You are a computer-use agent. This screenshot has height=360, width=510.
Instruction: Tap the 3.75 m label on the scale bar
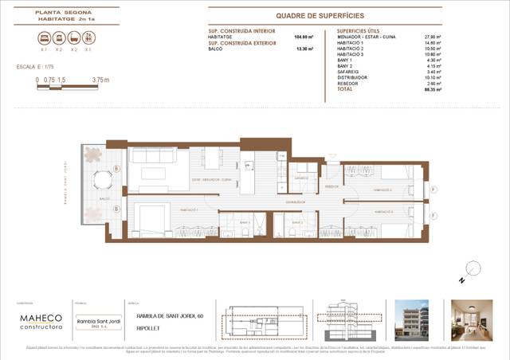click(x=100, y=80)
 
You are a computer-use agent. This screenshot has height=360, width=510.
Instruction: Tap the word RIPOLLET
click(x=141, y=327)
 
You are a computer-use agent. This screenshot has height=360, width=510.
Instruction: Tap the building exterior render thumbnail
click(x=414, y=318)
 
